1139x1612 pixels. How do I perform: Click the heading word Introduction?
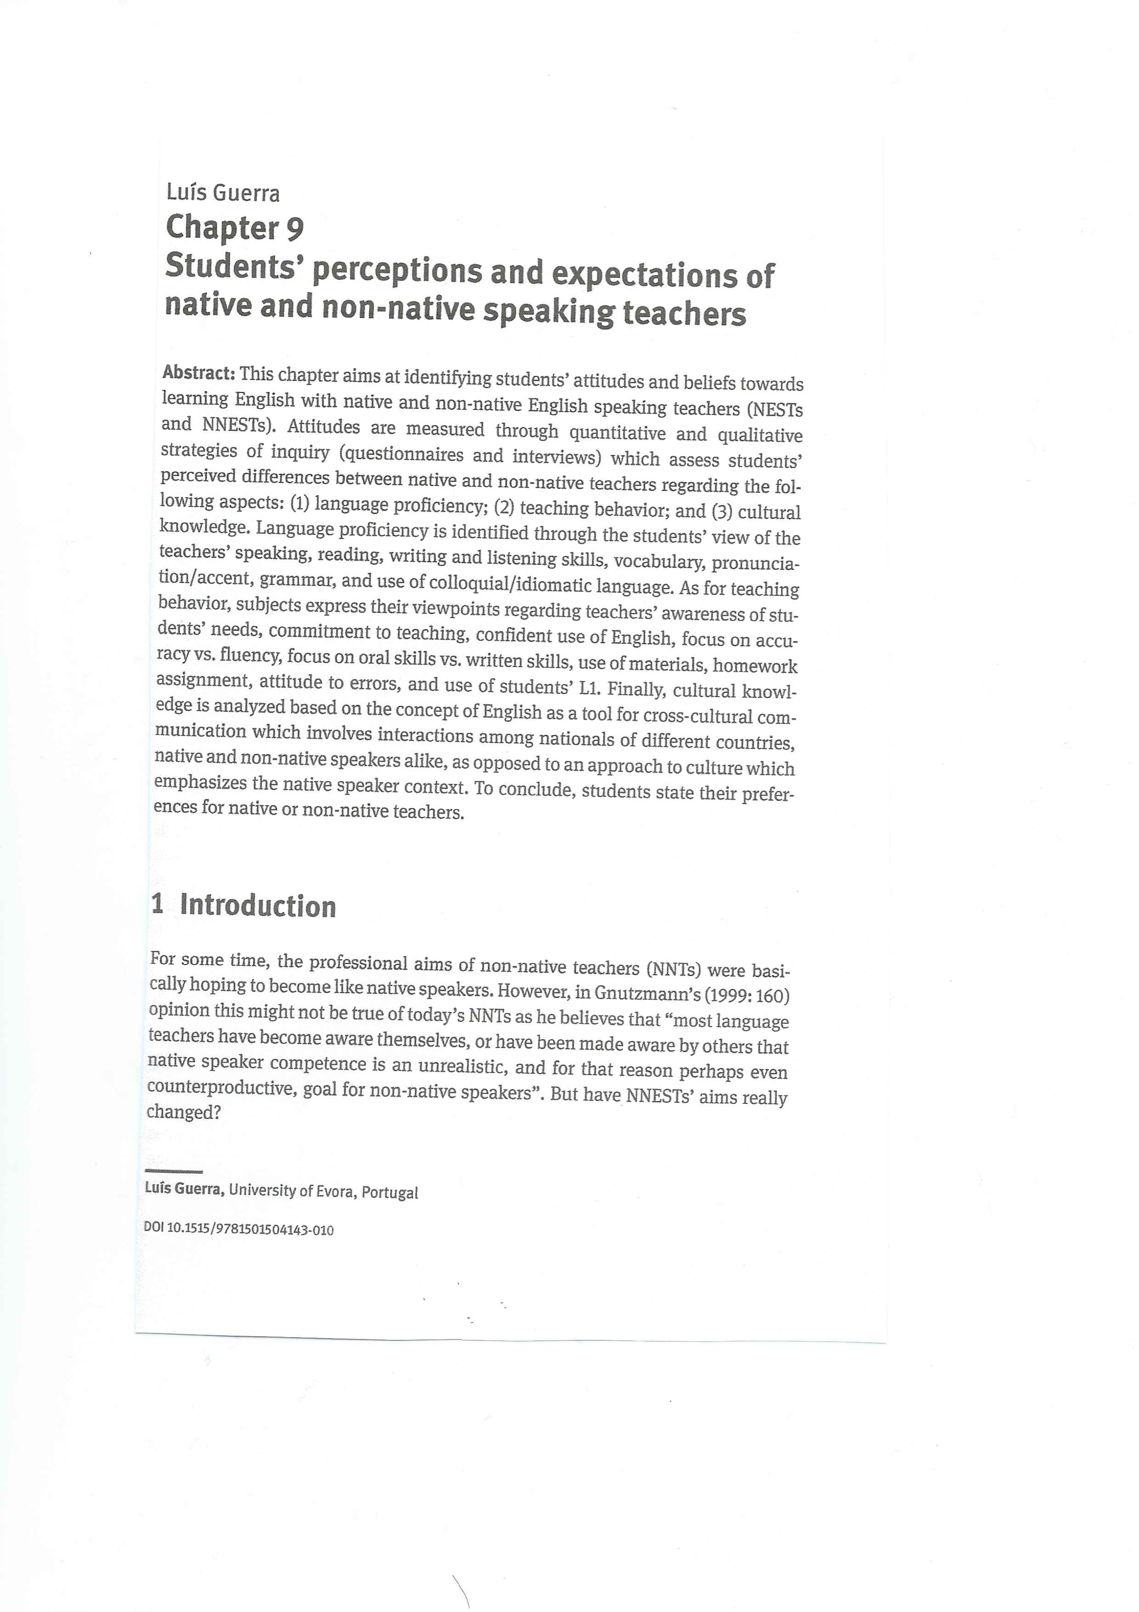click(x=258, y=906)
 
